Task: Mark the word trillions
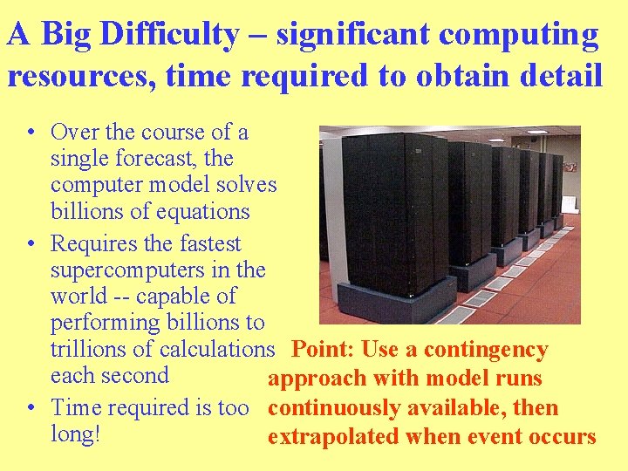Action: tap(91, 349)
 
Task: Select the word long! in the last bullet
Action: tap(76, 433)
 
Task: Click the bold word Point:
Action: tap(323, 350)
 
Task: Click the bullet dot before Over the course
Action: tap(31, 133)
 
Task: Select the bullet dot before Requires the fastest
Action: tap(31, 244)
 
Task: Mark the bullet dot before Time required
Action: tap(31, 408)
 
